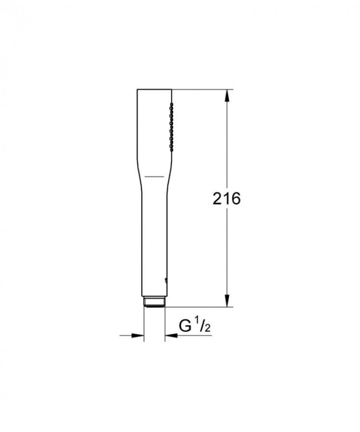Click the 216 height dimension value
coord(227,198)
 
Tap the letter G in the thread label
coord(186,326)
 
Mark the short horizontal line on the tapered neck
coord(155,177)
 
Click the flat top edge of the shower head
coord(154,89)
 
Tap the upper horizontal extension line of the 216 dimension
coord(202,89)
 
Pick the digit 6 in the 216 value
coord(235,198)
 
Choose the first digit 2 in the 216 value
coord(217,198)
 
